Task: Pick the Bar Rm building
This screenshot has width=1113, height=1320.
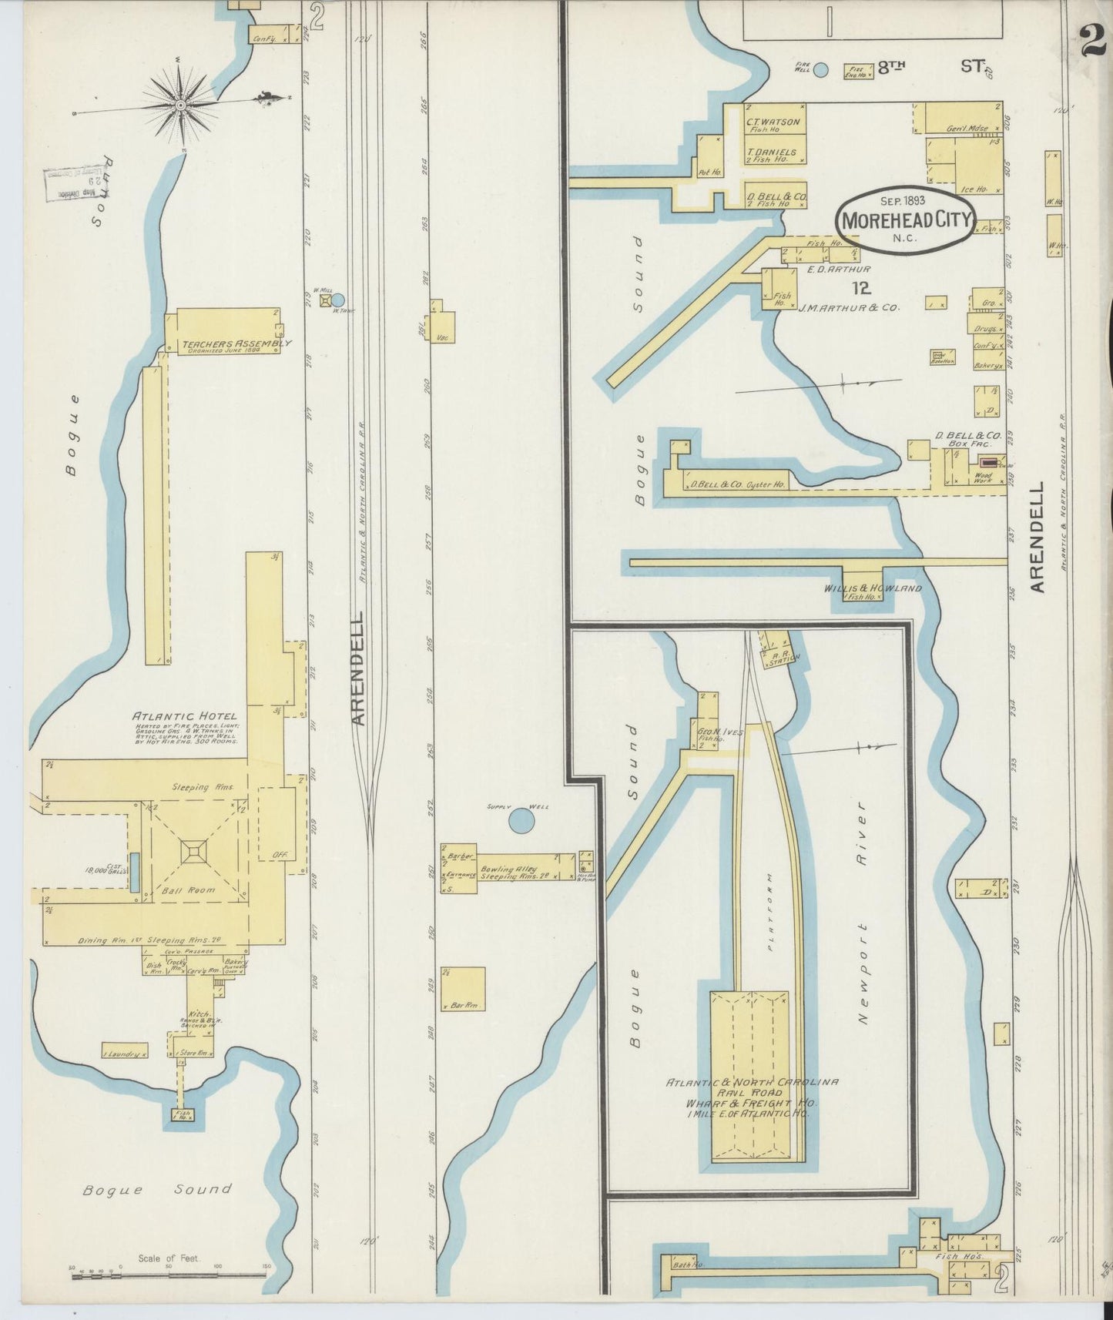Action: [464, 988]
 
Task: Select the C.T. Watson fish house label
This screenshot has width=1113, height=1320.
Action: [773, 122]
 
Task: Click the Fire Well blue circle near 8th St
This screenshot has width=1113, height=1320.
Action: [821, 70]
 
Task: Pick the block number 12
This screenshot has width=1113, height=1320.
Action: [862, 288]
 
